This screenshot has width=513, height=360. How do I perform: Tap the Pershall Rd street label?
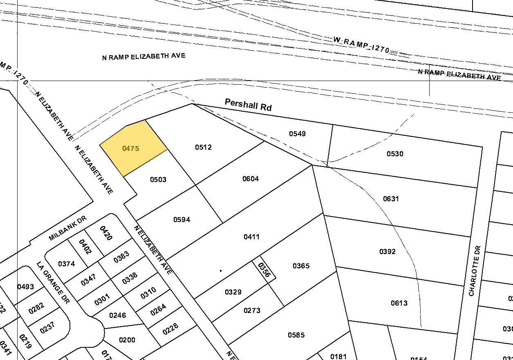click(x=248, y=105)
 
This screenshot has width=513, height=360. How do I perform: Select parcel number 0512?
click(x=203, y=147)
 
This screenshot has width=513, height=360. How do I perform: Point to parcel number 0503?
click(x=158, y=180)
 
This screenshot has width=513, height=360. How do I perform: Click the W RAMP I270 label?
click(x=361, y=44)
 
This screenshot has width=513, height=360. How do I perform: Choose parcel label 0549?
click(x=297, y=134)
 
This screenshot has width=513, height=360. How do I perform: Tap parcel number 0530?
click(x=395, y=154)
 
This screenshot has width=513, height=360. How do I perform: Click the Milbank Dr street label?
click(x=68, y=229)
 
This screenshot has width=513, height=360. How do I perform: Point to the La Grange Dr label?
click(x=53, y=283)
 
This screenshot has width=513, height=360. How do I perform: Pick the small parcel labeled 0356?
click(x=264, y=270)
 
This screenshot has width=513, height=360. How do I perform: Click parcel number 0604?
click(x=251, y=179)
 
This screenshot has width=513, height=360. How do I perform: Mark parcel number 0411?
click(x=251, y=237)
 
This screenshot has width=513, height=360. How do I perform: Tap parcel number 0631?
click(x=391, y=199)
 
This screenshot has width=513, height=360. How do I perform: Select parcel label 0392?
click(x=387, y=252)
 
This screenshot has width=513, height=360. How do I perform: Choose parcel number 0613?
click(x=399, y=303)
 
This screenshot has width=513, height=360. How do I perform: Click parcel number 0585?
click(x=296, y=335)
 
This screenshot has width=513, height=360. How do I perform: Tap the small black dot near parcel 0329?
click(x=221, y=270)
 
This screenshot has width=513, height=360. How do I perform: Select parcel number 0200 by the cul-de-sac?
click(x=127, y=340)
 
